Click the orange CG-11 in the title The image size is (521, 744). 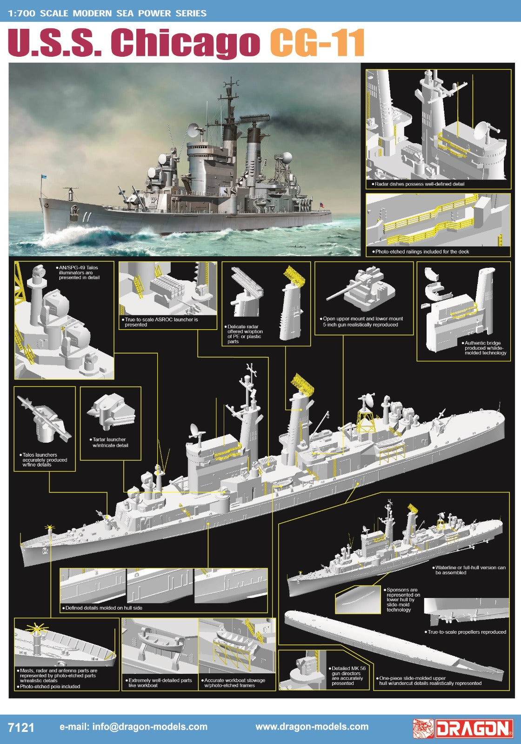pos(317,42)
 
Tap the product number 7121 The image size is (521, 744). pos(21,727)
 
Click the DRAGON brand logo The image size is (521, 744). pos(463,728)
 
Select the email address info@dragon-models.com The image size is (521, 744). pos(133,727)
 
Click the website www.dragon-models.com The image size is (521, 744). pos(312,727)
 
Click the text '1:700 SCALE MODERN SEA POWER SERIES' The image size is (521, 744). pos(107,13)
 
